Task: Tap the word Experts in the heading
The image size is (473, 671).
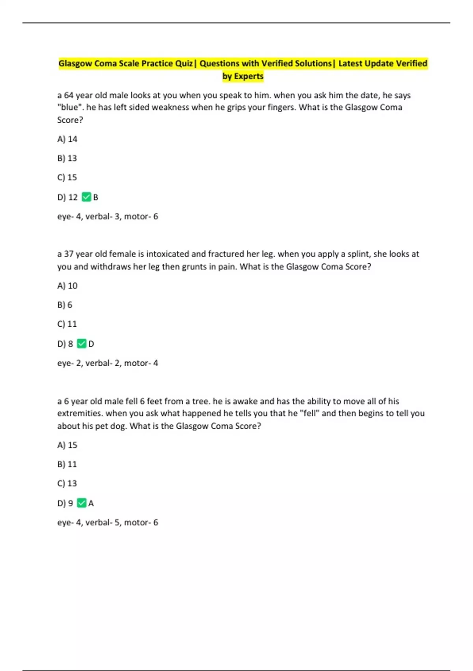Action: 248,76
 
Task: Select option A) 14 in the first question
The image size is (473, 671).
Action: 67,139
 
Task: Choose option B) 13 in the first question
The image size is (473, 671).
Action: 67,158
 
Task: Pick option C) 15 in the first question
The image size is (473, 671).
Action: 67,177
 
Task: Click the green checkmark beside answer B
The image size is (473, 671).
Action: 86,197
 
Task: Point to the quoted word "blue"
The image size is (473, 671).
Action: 70,107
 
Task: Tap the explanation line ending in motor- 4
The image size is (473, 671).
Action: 108,363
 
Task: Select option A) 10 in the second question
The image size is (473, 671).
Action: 67,285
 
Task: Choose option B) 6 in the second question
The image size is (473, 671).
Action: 65,305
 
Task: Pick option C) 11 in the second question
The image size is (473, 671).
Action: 67,324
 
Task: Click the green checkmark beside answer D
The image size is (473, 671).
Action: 82,344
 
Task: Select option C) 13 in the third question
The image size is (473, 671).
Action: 67,483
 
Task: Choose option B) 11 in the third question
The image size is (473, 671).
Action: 67,464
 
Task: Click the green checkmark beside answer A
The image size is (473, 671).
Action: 82,503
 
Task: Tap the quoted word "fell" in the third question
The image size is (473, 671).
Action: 310,413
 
